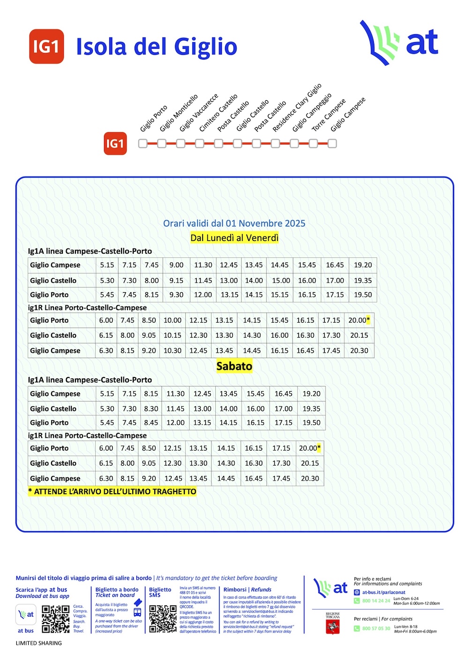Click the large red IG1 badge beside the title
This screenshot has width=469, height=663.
point(46,46)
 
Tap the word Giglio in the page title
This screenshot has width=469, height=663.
point(205,47)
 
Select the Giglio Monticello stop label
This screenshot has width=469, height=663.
point(178,113)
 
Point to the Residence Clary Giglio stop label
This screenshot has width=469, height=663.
point(296,108)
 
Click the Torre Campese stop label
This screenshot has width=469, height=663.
point(328,115)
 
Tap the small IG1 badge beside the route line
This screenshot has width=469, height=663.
point(115,143)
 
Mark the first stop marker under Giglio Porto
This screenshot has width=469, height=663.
point(143,143)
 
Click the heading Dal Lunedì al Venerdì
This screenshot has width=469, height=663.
point(234,238)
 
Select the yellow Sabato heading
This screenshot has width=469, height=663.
point(234,366)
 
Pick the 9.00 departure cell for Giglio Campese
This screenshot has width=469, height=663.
point(176,265)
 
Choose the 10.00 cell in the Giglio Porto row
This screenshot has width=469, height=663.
point(172,320)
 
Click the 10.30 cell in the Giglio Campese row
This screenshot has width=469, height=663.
point(172,351)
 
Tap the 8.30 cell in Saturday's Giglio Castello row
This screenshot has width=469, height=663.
point(151,409)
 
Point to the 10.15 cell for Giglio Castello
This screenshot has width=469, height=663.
point(172,336)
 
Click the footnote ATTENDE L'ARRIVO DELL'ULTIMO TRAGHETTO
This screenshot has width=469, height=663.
point(113,491)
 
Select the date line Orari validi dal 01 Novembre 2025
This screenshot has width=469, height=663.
point(234,224)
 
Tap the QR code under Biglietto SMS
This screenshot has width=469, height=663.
point(163,618)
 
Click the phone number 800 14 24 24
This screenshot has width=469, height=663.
point(376,601)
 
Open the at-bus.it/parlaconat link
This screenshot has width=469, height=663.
point(383,592)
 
